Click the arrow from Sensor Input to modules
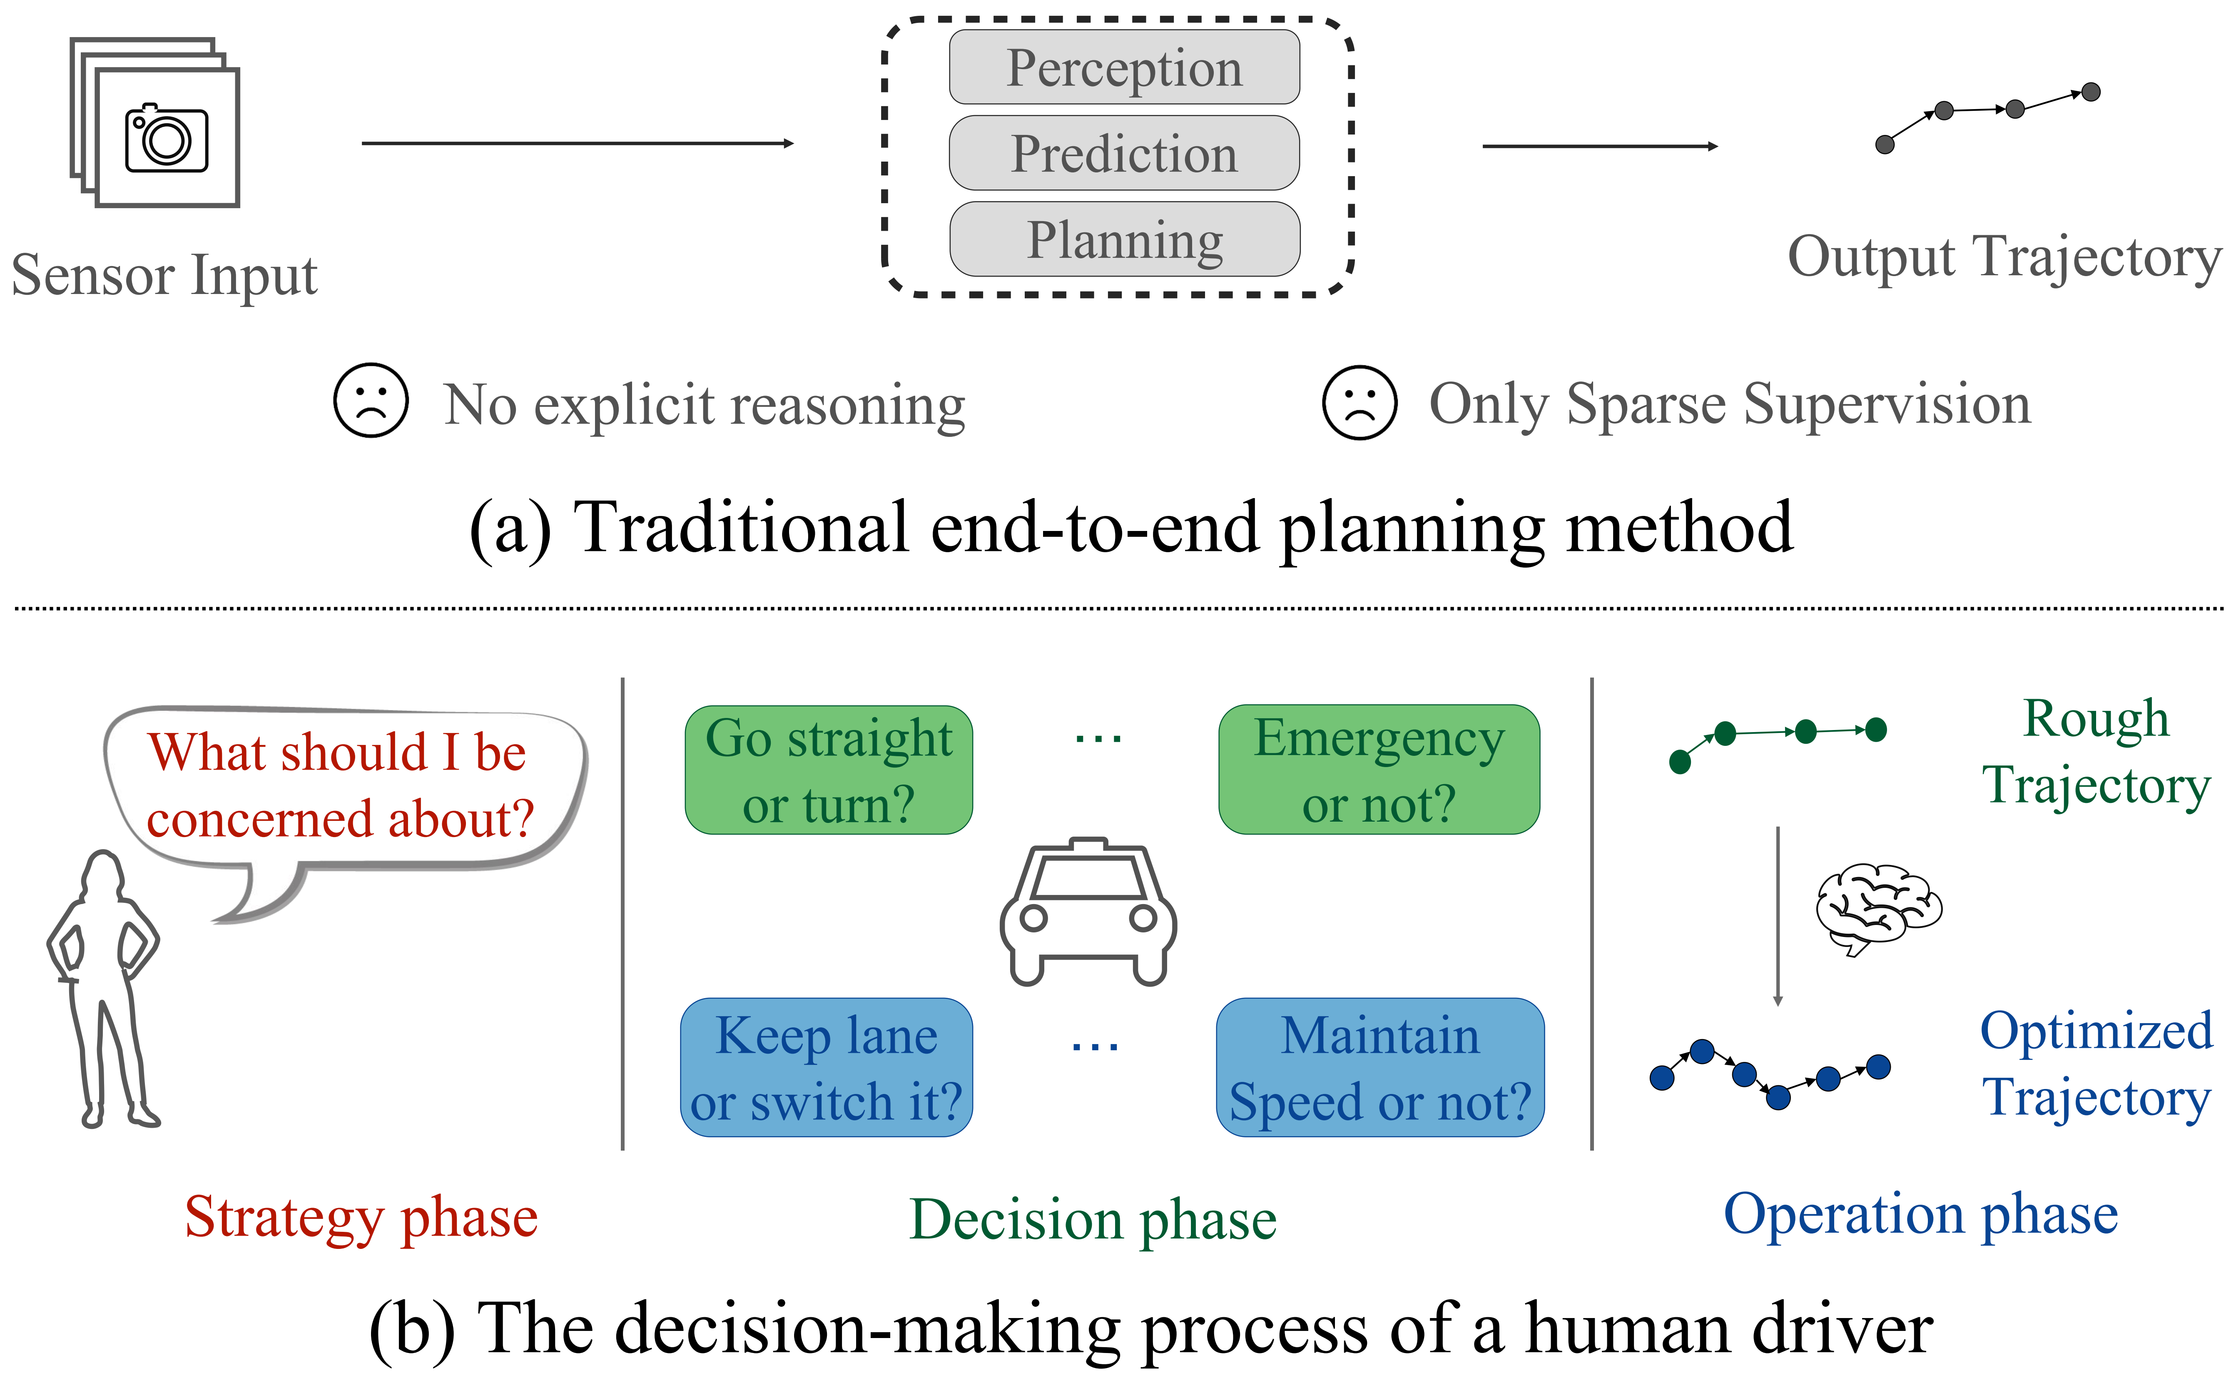pos(578,143)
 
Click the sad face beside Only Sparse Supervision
pos(1360,403)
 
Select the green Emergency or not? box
pos(1379,770)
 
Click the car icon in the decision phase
pos(1088,912)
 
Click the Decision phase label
pos(1092,1220)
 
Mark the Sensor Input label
pos(164,275)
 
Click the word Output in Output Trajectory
pos(1871,258)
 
